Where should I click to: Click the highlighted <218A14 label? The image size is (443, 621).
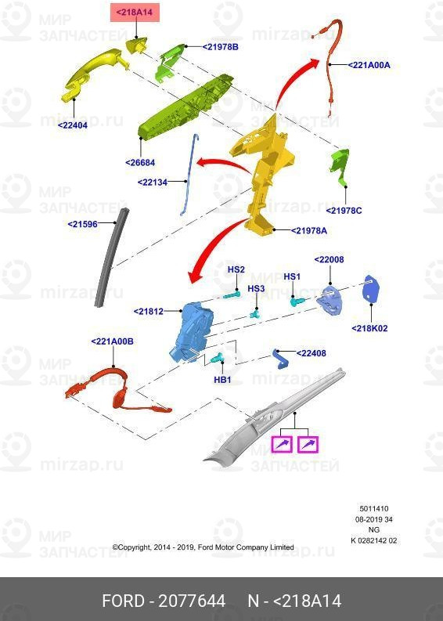click(135, 13)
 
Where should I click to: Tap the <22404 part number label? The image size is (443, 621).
click(73, 125)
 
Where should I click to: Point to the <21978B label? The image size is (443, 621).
click(220, 47)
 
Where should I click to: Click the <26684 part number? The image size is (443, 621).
click(140, 162)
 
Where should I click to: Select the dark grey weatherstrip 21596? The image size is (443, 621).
click(111, 258)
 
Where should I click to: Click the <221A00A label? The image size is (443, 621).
click(369, 65)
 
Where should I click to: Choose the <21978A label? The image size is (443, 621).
click(309, 230)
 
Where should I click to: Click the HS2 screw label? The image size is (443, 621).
click(236, 269)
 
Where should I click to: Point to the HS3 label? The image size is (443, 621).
click(256, 288)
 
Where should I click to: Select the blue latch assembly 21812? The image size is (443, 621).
click(192, 332)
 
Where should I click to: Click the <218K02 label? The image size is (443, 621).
click(369, 328)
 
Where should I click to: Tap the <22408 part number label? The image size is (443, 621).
click(312, 353)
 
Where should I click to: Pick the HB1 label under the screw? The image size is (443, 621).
click(222, 379)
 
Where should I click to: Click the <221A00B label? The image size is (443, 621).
click(112, 341)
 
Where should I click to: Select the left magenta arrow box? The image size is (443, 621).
click(282, 444)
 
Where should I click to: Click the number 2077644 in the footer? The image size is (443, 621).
click(192, 601)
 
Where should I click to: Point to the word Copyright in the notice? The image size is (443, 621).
click(131, 547)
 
